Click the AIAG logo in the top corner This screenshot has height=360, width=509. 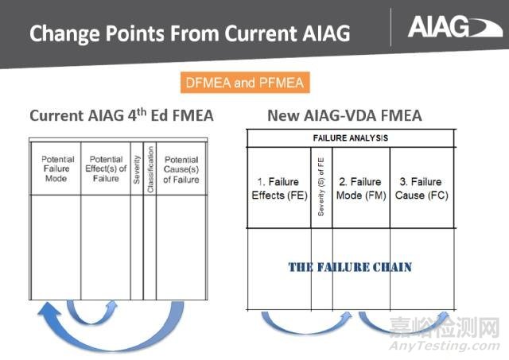pyautogui.click(x=449, y=28)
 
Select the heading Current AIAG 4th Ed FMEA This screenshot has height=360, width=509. pyautogui.click(x=122, y=116)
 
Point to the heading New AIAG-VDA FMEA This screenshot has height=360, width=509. pyautogui.click(x=344, y=116)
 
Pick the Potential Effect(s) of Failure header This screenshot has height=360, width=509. pyautogui.click(x=105, y=169)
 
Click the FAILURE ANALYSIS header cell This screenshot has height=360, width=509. pyautogui.click(x=350, y=137)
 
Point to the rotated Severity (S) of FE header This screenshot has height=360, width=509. pyautogui.click(x=321, y=188)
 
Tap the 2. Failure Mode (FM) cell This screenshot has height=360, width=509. pyautogui.click(x=360, y=188)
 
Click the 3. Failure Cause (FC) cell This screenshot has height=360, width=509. pyautogui.click(x=422, y=188)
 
